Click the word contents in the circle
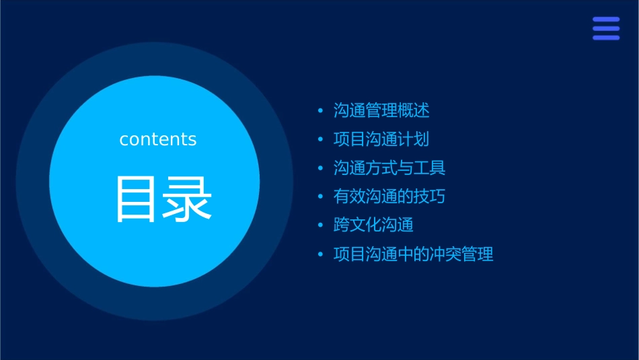click(158, 139)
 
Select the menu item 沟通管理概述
click(381, 110)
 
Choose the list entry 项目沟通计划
click(381, 139)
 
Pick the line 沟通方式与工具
click(389, 168)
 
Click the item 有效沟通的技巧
click(389, 196)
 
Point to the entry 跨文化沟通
click(373, 225)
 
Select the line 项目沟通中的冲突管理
click(414, 254)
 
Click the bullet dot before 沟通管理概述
click(321, 110)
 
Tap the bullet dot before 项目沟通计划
click(321, 139)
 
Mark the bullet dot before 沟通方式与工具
click(321, 168)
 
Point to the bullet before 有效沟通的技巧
click(321, 197)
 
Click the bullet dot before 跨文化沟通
click(321, 225)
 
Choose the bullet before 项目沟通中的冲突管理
click(321, 254)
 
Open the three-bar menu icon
click(606, 28)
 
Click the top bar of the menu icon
click(606, 20)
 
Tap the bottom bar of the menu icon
click(606, 38)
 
